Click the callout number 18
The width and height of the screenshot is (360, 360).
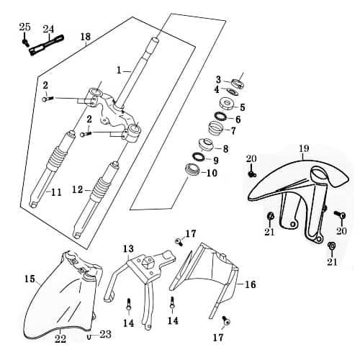coord(86,37)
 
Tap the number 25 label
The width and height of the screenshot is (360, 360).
coord(25,27)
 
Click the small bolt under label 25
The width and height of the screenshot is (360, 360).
coord(27,42)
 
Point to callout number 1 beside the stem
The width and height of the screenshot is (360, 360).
coord(121,71)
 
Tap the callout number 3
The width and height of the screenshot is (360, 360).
coord(218,79)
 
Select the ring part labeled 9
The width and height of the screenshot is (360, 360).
coord(197,158)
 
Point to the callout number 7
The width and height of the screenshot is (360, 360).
coord(233,131)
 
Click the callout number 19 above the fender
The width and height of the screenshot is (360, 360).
coord(303,148)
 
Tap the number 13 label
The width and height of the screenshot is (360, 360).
coord(128,249)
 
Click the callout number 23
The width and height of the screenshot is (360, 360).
coord(106,334)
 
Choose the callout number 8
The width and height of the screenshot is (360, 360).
coord(225,149)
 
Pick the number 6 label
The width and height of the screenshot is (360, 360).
coord(237,120)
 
